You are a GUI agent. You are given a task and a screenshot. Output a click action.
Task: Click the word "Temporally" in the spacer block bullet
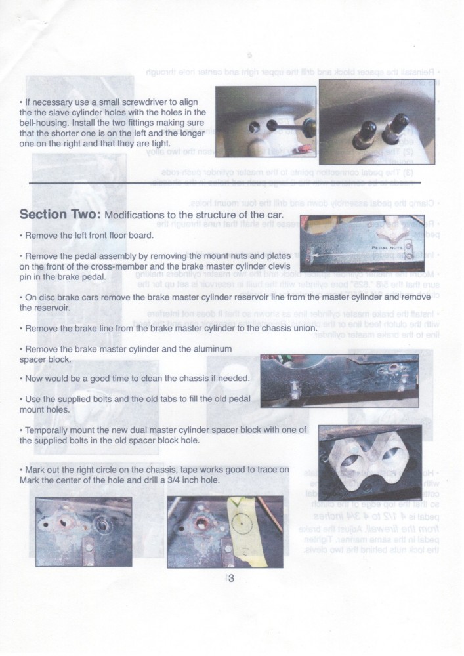[49, 430]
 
